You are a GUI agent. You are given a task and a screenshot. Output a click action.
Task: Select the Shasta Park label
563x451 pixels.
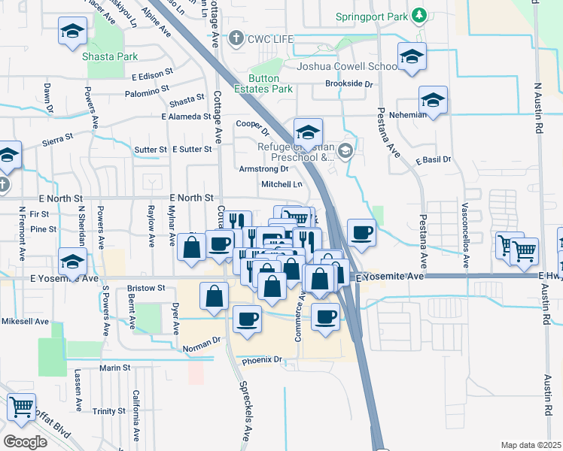[111, 56]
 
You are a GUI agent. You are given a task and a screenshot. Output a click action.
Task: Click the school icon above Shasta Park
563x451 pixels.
[72, 32]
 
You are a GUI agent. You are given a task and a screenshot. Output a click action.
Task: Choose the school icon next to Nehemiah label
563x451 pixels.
[433, 99]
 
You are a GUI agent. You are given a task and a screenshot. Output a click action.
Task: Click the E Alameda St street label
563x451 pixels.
[186, 117]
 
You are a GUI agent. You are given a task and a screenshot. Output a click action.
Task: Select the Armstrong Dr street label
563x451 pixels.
[263, 169]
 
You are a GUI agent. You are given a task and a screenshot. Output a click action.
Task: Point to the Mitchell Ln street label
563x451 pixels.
[281, 184]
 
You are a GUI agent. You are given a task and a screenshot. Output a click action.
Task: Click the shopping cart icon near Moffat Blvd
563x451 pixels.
[21, 407]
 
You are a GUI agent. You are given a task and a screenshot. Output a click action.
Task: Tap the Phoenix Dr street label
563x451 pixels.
[261, 360]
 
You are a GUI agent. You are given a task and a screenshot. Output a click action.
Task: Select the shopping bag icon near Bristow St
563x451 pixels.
[215, 296]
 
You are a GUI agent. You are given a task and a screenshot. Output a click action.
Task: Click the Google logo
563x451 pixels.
[26, 441]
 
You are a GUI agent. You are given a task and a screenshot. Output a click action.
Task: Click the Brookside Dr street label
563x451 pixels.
[349, 84]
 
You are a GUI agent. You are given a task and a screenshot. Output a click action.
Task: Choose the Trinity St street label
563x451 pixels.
[109, 411]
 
